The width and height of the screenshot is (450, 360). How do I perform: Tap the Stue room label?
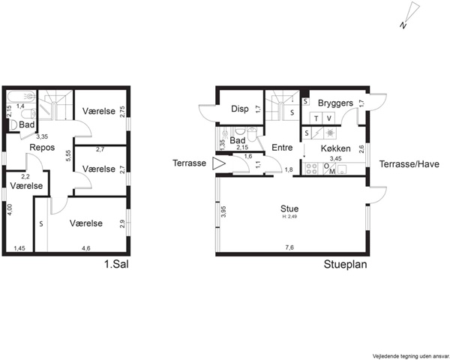click(289, 208)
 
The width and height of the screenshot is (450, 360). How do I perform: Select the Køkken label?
click(335, 148)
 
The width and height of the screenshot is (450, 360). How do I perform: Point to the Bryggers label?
click(335, 103)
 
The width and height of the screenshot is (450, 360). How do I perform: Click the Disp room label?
click(240, 109)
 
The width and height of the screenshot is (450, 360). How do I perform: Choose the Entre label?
click(282, 148)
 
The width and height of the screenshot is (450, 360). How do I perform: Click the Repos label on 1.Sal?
click(42, 148)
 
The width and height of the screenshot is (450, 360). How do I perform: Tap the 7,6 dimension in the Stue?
click(289, 247)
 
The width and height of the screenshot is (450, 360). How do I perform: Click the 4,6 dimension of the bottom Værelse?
click(86, 248)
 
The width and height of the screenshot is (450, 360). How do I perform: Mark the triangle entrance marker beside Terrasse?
click(219, 164)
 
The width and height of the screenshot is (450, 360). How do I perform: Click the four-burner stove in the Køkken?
click(312, 169)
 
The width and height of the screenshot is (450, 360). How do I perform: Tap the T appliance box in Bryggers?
click(316, 118)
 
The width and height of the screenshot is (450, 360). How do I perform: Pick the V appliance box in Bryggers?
click(329, 118)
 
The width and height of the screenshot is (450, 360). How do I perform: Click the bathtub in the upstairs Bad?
click(21, 97)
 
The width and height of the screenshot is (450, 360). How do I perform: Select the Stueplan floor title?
click(346, 264)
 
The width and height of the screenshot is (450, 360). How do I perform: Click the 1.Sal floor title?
click(116, 264)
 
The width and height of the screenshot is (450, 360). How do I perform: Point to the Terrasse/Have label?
click(409, 164)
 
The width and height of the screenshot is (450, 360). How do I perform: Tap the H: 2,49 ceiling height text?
click(289, 217)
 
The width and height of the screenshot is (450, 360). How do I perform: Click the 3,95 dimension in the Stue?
click(223, 211)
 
